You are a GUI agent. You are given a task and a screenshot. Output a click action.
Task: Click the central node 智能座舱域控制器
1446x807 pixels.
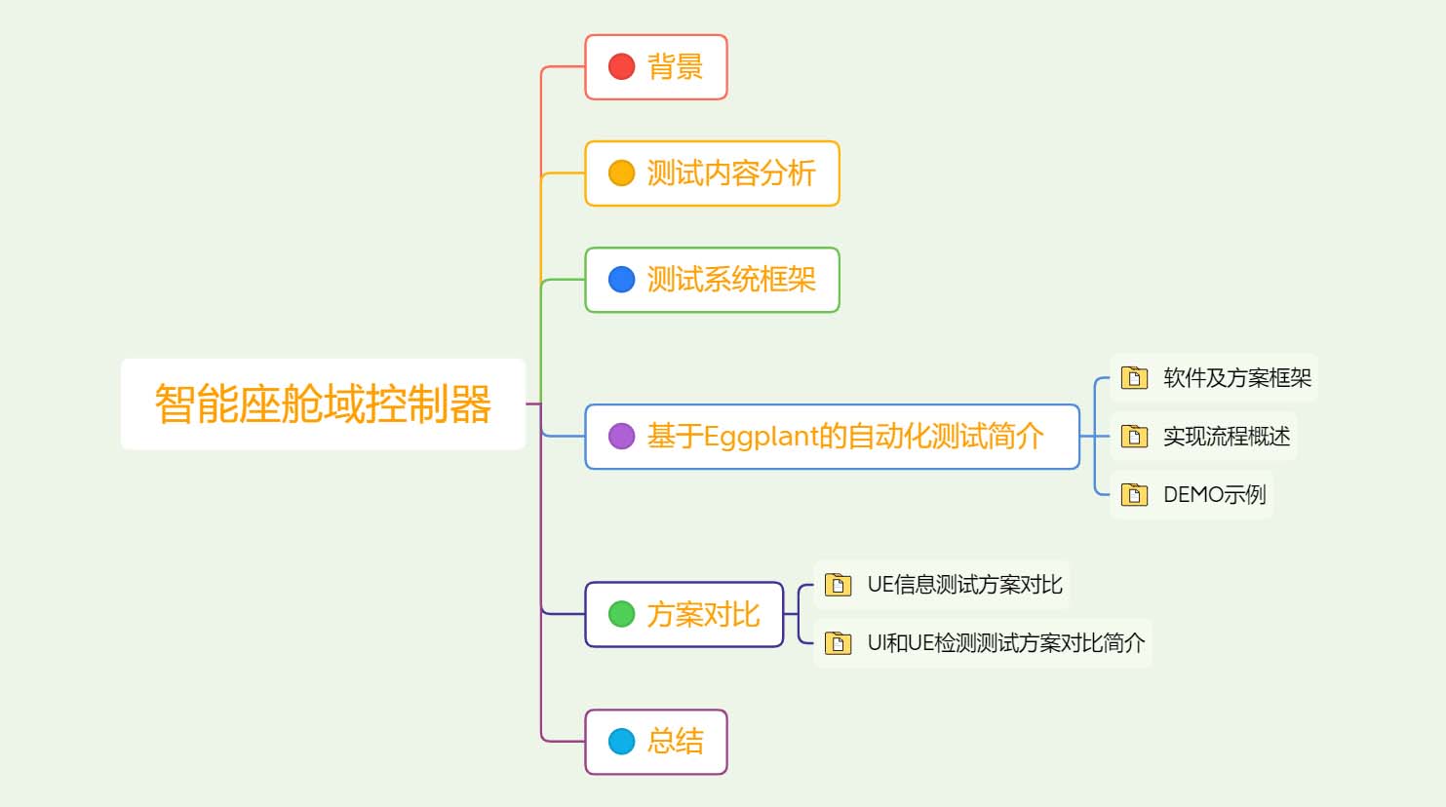click(323, 403)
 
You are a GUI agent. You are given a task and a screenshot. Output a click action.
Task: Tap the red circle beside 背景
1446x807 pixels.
click(621, 66)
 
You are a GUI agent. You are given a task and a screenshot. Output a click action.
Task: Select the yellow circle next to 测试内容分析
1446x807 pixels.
click(621, 173)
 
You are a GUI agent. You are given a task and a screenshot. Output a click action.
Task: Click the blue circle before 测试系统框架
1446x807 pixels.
click(621, 280)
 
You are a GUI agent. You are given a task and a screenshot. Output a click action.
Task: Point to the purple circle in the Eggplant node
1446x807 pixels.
click(621, 436)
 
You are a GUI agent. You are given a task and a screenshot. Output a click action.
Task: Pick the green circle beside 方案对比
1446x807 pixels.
click(621, 614)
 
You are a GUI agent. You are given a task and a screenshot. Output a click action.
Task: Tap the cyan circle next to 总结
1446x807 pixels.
click(621, 742)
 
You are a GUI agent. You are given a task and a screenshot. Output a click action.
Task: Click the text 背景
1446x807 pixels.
click(675, 66)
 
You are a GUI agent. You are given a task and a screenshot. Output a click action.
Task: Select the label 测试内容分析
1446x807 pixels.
click(731, 173)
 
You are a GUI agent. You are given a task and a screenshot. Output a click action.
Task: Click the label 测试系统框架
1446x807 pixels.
click(731, 280)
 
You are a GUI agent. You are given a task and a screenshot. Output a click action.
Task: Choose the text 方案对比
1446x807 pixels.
click(703, 614)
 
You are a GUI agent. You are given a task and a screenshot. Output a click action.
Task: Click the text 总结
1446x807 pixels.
click(675, 742)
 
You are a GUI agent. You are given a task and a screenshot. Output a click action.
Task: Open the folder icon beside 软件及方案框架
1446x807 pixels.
click(1134, 377)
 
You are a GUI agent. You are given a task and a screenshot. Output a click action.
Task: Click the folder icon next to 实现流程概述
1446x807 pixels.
click(1134, 436)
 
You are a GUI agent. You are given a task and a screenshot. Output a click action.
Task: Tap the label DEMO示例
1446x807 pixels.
click(1214, 494)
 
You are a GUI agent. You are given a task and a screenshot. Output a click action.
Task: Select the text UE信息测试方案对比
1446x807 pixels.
click(964, 584)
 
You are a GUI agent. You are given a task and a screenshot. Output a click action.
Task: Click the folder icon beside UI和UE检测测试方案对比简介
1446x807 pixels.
click(838, 642)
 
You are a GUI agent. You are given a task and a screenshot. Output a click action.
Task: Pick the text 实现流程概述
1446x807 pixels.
click(1227, 436)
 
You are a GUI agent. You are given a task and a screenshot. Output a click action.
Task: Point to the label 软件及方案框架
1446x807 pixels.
click(1237, 377)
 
